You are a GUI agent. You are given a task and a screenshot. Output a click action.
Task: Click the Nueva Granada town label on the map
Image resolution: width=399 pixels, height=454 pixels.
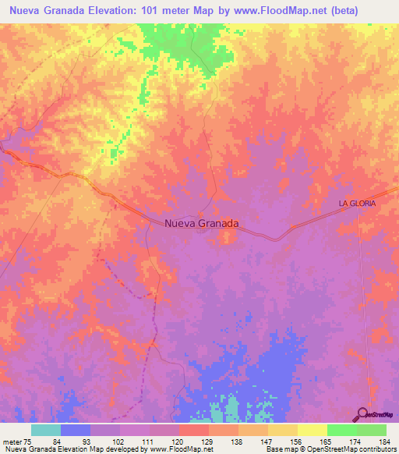coord(202,223)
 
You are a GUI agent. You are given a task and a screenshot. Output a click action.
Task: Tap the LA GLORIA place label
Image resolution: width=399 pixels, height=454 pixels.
coord(357,203)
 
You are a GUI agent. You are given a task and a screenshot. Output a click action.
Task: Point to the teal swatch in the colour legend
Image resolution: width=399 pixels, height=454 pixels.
coord(46,430)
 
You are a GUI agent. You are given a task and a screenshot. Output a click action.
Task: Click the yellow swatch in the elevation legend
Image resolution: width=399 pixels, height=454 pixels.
coord(312,430)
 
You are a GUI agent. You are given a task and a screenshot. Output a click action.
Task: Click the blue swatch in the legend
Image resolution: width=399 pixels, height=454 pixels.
coord(76,430)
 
